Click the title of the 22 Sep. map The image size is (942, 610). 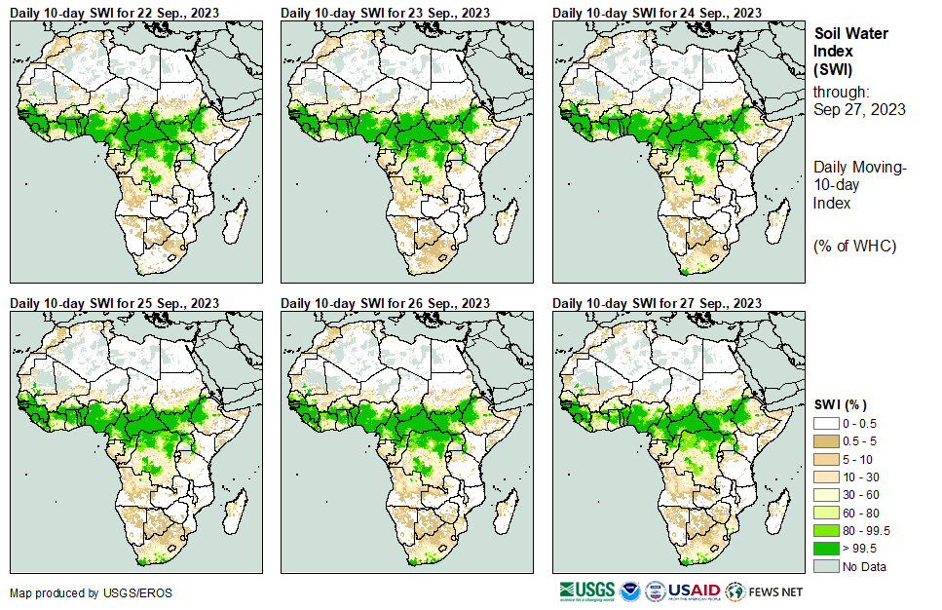(x=113, y=13)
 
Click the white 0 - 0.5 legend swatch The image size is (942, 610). (x=826, y=424)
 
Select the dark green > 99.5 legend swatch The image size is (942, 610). (x=826, y=549)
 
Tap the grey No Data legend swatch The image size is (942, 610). (x=826, y=566)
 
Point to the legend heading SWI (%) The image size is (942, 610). (x=840, y=404)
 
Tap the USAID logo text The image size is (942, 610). (x=696, y=591)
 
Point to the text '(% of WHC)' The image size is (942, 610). (x=854, y=246)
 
